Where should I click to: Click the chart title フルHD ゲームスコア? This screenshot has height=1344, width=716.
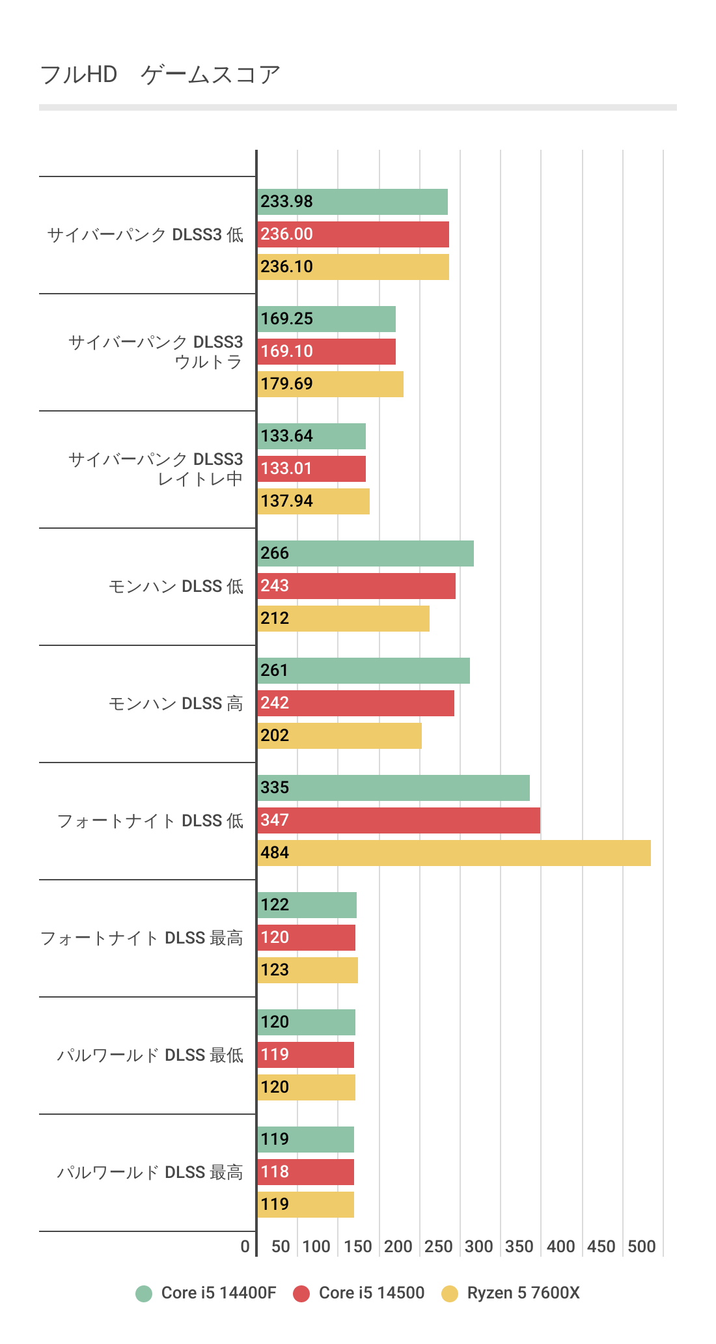159,75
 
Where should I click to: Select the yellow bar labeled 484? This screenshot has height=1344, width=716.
454,853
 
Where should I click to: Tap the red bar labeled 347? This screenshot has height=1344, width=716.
398,820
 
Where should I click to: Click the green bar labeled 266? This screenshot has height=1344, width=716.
365,553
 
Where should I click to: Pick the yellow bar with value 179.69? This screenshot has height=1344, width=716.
330,384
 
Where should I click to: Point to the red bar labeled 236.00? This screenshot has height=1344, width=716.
353,234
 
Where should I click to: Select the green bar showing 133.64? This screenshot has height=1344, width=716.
311,436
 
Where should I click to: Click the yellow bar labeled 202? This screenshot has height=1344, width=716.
339,736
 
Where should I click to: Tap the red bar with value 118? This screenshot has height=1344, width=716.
305,1172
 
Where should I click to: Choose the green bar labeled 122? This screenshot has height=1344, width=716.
307,905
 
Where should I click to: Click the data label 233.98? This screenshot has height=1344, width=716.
286,202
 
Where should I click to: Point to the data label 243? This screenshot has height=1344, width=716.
275,586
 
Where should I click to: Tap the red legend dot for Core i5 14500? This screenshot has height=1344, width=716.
301,1294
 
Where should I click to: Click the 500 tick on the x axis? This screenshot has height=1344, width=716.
641,1247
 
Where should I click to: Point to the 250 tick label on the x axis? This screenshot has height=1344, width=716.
438,1247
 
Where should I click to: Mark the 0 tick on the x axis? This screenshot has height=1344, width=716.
245,1247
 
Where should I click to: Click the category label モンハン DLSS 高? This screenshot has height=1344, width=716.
176,704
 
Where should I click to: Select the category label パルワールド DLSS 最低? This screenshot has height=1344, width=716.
150,1056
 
